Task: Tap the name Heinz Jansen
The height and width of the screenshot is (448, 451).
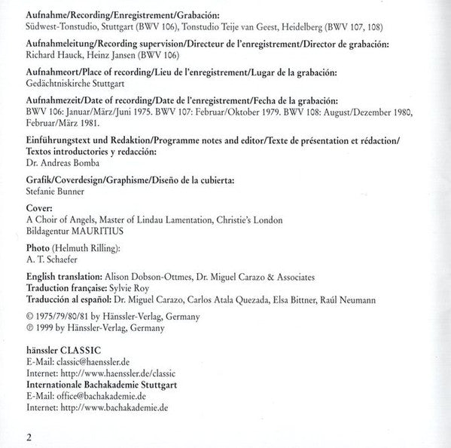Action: pyautogui.click(x=120, y=55)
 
